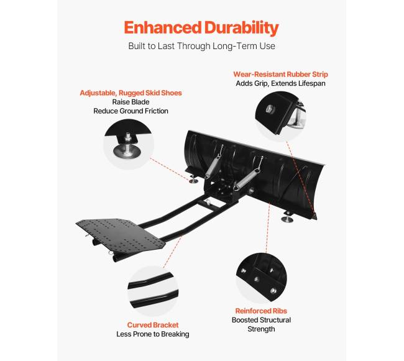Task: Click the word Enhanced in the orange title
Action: [163, 27]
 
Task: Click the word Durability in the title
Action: [242, 29]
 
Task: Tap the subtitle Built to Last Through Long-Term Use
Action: [202, 46]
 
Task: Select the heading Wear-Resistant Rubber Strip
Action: [280, 74]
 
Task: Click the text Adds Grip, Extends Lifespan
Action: [280, 83]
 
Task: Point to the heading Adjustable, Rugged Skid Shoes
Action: [131, 93]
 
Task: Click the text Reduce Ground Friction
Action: [131, 111]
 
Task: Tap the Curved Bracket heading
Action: [153, 325]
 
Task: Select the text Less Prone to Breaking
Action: [153, 334]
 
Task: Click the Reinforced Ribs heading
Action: [261, 311]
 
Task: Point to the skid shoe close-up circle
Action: [129, 144]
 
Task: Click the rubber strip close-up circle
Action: [280, 116]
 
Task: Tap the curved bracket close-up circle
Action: [153, 291]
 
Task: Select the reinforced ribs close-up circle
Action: [261, 278]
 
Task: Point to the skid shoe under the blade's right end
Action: [288, 217]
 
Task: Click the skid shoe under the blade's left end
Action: [193, 179]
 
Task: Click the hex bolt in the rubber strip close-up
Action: [270, 109]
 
